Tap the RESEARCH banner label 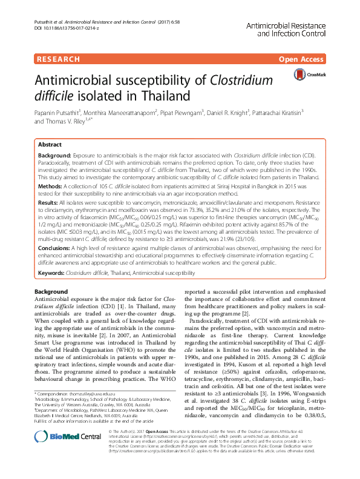pos(59,59)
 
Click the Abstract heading pos(50,145)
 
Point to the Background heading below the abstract pos(51,292)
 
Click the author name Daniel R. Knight pos(232,112)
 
